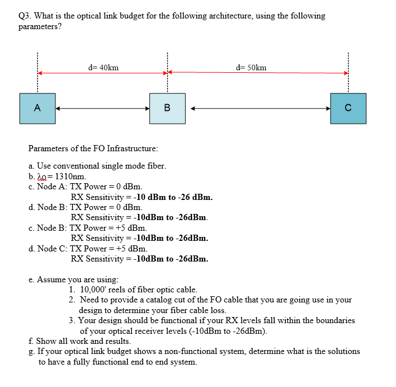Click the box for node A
37,108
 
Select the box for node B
166,108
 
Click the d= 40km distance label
103,68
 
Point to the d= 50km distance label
252,68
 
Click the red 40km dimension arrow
102,73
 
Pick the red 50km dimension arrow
257,73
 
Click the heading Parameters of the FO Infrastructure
93,148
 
